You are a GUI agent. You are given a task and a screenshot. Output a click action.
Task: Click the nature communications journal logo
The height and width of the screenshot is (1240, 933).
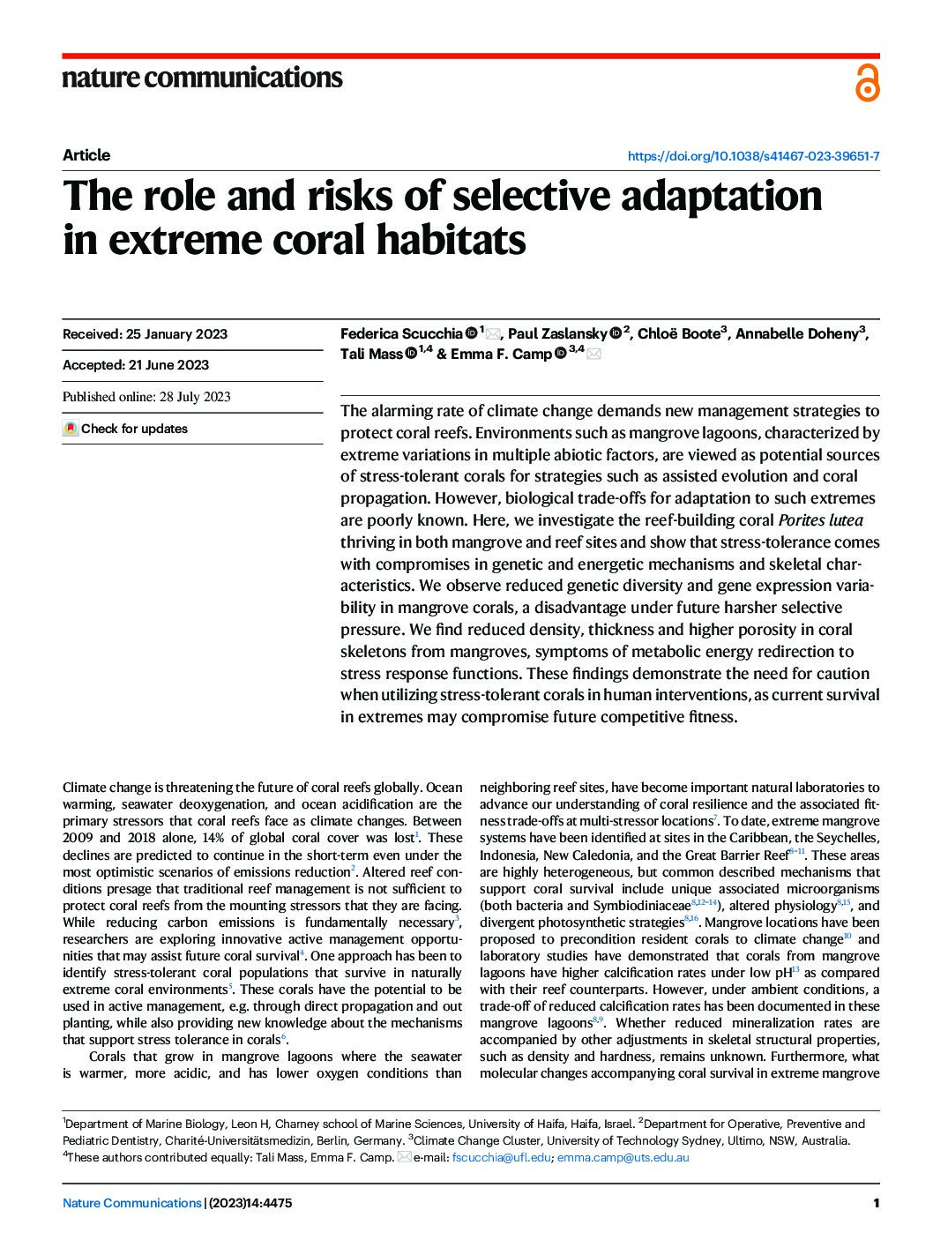coord(202,78)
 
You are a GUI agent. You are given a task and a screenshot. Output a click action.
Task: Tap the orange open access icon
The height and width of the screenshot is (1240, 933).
coord(867,83)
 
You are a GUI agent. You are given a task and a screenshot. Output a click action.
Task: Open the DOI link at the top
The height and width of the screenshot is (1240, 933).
coord(753,156)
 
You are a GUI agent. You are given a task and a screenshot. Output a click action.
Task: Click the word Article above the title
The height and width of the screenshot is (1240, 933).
coord(86,155)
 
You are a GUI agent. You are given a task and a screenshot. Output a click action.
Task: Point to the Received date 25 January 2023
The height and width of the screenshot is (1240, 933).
coord(145,334)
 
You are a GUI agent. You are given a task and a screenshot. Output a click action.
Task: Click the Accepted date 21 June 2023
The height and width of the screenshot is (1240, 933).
coord(136,365)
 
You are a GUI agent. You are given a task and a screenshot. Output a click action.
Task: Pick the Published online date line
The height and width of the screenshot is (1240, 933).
coord(146,397)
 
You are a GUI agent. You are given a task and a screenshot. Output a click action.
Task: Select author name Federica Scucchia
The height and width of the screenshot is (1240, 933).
coord(401,333)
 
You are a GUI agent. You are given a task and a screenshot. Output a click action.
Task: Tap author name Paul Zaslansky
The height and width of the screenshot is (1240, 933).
coord(557,333)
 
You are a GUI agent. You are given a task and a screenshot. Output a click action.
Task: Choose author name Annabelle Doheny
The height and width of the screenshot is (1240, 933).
coord(796,333)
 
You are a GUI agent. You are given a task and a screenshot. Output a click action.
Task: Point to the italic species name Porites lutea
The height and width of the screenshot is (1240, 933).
coord(820,520)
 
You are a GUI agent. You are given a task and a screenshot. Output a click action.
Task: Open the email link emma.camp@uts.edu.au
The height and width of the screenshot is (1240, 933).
coord(623,1157)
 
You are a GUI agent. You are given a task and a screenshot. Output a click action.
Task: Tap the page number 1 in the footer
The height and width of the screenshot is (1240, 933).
coord(876,1203)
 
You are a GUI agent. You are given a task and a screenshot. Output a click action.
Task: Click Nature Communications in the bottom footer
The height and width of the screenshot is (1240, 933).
coord(132,1203)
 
